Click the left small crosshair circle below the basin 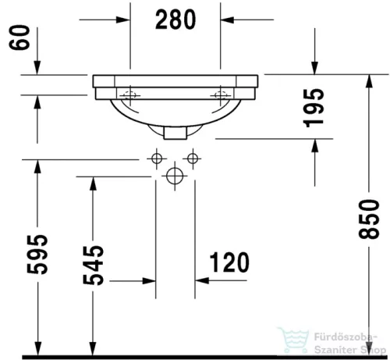(156, 160)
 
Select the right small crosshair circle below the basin (190, 160)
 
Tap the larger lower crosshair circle (173, 177)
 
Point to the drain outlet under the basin (176, 131)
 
